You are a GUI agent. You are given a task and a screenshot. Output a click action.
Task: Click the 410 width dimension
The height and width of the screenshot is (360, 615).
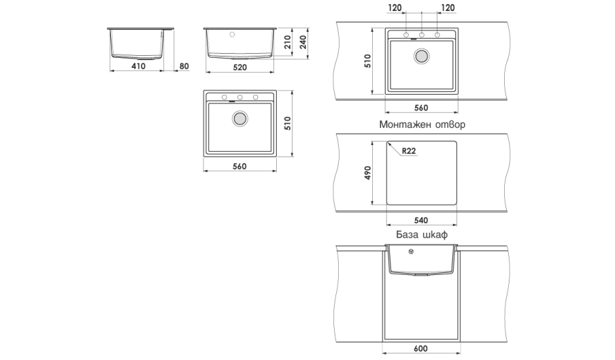pos(139,66)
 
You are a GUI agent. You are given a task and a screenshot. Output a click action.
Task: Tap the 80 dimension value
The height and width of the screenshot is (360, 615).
pos(184,66)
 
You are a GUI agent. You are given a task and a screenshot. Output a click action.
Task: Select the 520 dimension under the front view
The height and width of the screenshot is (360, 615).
pos(239,67)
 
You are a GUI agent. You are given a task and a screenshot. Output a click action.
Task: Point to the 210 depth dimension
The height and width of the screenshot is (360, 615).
pos(288,42)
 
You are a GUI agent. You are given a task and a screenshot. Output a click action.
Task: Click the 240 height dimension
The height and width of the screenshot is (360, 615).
pos(303,42)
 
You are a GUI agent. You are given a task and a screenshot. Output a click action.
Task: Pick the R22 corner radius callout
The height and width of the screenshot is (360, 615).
pos(409,151)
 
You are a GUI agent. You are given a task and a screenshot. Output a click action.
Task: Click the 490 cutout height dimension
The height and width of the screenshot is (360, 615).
pos(367,173)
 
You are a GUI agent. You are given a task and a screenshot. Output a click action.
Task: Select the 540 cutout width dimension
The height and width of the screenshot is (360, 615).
pos(421,220)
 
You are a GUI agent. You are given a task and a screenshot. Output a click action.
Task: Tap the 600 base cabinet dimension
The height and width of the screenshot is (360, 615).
pos(421,348)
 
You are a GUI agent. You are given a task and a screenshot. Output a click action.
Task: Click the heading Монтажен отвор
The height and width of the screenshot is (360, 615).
pos(422,125)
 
